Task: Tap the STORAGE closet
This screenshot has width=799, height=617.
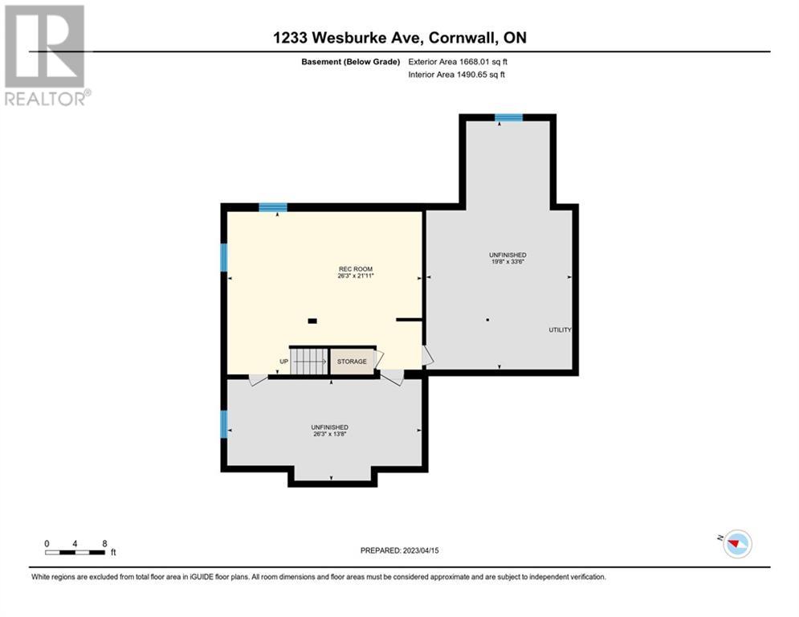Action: pyautogui.click(x=352, y=362)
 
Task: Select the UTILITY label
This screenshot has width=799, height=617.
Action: pyautogui.click(x=560, y=330)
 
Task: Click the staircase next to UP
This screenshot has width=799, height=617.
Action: pyautogui.click(x=309, y=361)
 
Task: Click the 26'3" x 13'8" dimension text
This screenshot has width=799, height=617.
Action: pyautogui.click(x=330, y=435)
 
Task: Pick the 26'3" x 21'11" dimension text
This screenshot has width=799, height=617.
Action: pyautogui.click(x=356, y=276)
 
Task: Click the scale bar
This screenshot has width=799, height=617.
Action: pyautogui.click(x=75, y=552)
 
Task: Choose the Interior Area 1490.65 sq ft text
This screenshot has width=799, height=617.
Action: pyautogui.click(x=456, y=74)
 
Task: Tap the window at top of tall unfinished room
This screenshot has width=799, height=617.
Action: pyautogui.click(x=508, y=118)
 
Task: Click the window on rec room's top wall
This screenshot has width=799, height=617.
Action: pyautogui.click(x=273, y=207)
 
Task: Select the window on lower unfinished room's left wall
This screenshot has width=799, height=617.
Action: pyautogui.click(x=224, y=424)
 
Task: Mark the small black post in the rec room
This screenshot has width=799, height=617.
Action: pyautogui.click(x=312, y=321)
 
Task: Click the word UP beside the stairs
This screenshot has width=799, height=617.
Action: pyautogui.click(x=283, y=362)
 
